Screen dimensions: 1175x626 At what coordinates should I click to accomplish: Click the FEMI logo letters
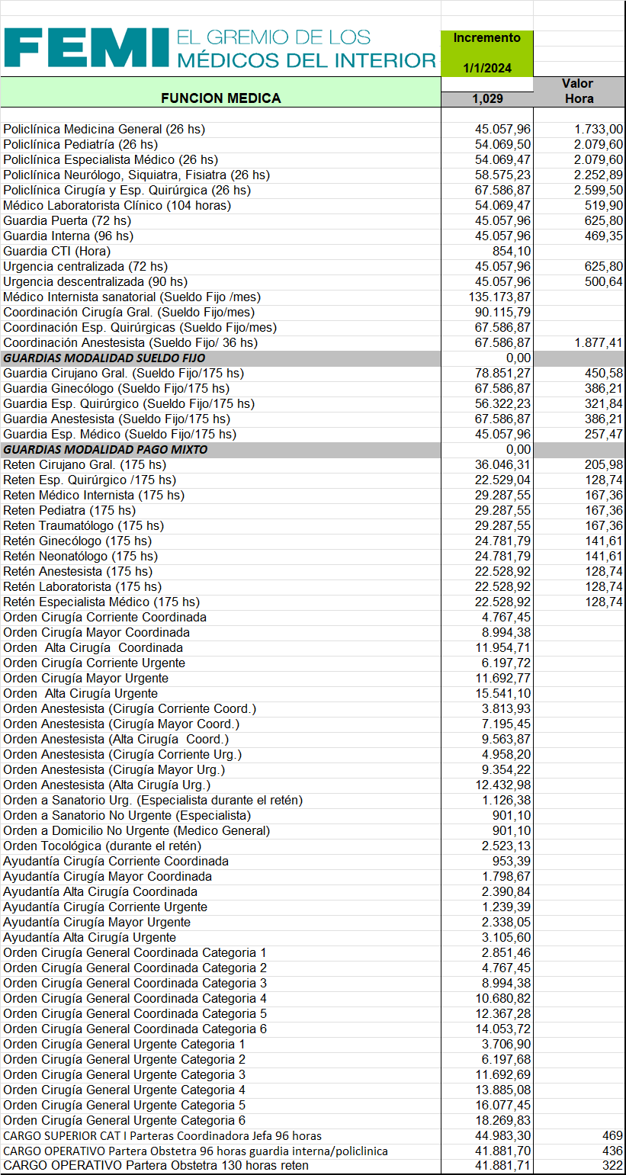[85, 48]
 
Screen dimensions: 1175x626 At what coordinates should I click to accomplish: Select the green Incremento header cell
[486, 37]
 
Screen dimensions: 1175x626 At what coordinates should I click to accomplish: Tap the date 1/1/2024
[486, 68]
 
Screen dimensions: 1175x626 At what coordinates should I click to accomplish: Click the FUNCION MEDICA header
[220, 98]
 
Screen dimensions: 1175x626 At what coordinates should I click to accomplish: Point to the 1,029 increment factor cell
[487, 98]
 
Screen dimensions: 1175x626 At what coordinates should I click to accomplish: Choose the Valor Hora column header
[578, 91]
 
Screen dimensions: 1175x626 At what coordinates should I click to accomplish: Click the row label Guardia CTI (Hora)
[57, 251]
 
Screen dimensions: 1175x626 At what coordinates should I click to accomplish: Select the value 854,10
[512, 251]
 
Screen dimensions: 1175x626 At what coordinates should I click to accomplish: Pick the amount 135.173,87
[502, 297]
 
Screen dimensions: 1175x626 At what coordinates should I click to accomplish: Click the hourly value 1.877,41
[599, 342]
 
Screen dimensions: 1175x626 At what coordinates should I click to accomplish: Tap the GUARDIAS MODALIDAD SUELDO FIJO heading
[104, 358]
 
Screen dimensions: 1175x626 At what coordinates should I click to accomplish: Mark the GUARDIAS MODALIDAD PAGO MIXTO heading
[105, 449]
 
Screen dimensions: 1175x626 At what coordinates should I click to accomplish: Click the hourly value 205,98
[603, 464]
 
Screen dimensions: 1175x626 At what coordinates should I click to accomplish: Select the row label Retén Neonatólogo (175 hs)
[81, 556]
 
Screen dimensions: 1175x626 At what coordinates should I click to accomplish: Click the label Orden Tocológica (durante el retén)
[102, 846]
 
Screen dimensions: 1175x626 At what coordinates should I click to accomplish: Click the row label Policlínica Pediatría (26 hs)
[81, 144]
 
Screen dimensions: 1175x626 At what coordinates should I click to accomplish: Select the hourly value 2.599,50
[599, 190]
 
